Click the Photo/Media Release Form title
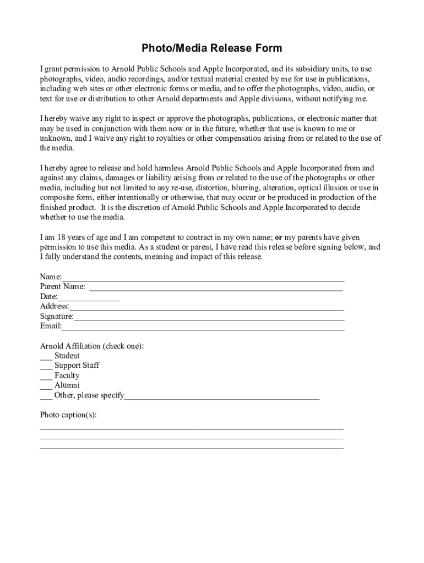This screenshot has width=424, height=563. (212, 48)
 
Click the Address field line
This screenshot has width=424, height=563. (206, 307)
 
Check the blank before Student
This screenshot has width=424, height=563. (46, 357)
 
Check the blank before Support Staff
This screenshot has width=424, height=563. (46, 367)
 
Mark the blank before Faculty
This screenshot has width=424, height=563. (46, 377)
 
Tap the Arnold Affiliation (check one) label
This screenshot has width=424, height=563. (92, 346)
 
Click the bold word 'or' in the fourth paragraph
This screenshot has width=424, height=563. (279, 238)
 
